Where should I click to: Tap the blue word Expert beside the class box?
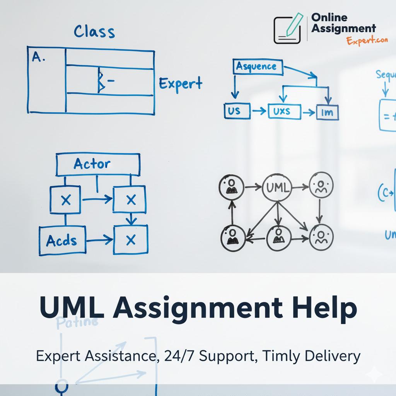(180, 83)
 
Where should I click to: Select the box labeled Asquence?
(256, 67)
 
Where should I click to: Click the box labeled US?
(234, 111)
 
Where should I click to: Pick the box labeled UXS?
(284, 112)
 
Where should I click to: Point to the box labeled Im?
(327, 113)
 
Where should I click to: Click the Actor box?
(98, 164)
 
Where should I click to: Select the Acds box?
(61, 240)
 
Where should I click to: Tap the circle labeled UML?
(277, 188)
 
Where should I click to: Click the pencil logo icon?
(288, 29)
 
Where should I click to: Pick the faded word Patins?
(77, 322)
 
